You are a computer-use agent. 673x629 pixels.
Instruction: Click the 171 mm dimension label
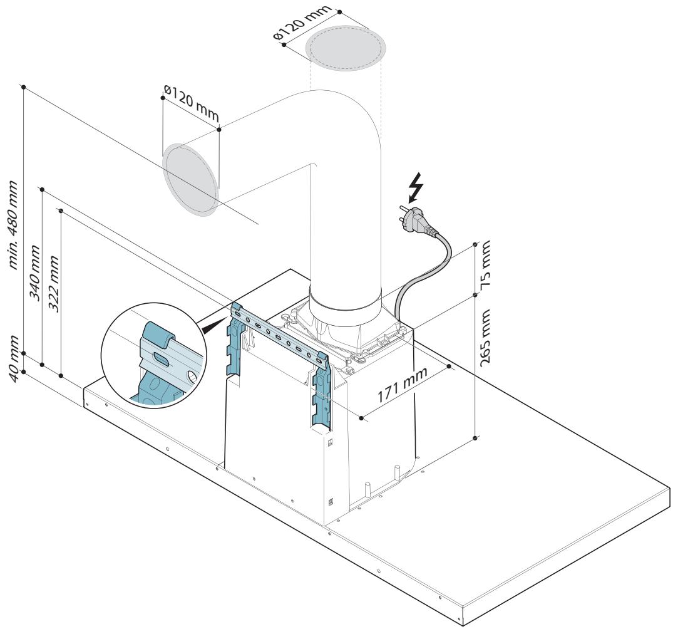(x=402, y=385)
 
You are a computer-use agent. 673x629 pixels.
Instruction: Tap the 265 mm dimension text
(x=485, y=338)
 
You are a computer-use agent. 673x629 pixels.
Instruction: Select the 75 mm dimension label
(x=485, y=264)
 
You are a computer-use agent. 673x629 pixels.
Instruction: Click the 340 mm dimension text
(x=34, y=273)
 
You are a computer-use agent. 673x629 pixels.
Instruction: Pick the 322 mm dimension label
(x=54, y=284)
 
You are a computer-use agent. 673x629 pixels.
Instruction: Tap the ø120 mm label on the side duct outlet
(x=192, y=103)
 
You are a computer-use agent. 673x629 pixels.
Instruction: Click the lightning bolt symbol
(x=416, y=187)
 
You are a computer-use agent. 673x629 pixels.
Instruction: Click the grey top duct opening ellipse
(x=346, y=48)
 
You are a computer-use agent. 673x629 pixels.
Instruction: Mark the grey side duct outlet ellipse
(x=190, y=180)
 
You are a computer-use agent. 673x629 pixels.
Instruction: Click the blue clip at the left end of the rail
(x=236, y=309)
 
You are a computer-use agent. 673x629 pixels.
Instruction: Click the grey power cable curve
(x=418, y=274)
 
